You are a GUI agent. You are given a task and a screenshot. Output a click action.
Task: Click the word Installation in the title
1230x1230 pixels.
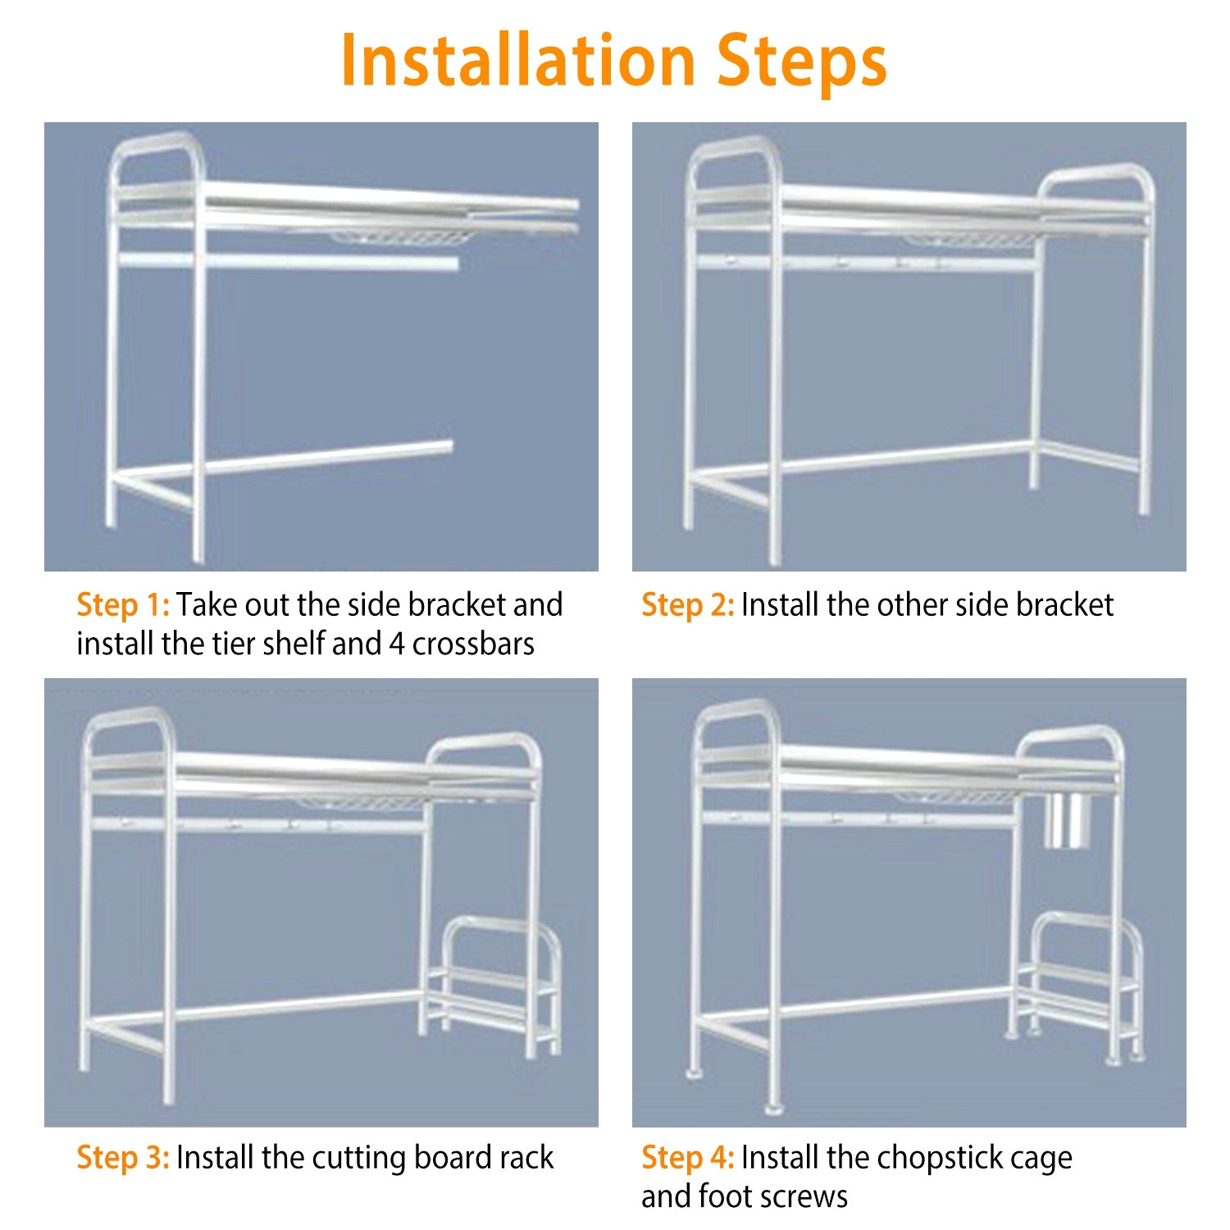pos(518,61)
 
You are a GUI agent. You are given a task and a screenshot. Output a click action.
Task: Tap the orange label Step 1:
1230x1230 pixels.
pos(123,605)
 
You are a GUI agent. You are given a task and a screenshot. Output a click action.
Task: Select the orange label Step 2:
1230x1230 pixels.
pos(688,605)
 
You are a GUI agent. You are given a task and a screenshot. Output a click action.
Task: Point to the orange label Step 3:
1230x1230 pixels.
pos(123,1158)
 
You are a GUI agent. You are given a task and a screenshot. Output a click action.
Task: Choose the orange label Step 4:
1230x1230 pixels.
pos(688,1158)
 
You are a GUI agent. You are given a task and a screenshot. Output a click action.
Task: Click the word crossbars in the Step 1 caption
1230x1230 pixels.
pos(473,645)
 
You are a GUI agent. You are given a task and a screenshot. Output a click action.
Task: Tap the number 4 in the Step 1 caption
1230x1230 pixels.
pos(397,645)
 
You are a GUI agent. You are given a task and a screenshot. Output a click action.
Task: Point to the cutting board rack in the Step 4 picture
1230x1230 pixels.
pos(1078,984)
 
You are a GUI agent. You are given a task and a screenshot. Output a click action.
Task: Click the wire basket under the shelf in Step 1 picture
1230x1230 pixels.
pos(402,238)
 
